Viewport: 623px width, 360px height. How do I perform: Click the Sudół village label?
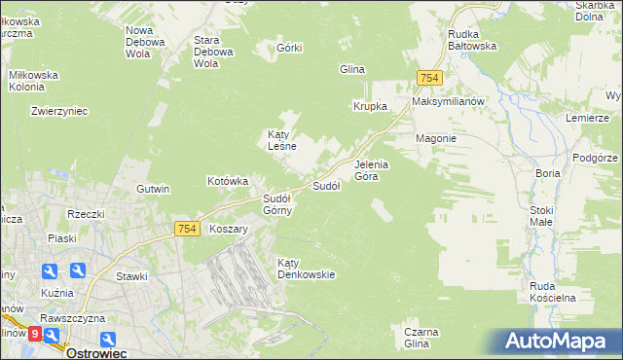(x=325, y=185)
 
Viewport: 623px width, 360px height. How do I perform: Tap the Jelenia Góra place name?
(x=371, y=170)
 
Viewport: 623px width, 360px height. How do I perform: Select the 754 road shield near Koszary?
(x=189, y=229)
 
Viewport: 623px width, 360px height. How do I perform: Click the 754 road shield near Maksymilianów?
(x=429, y=78)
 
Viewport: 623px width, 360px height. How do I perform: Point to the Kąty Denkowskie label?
(x=306, y=269)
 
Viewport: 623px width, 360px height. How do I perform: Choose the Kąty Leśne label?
(x=281, y=140)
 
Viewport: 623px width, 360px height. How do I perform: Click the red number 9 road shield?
(x=35, y=334)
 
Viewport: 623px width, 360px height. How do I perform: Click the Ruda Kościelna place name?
(x=553, y=292)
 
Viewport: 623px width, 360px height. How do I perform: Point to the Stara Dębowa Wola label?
(x=214, y=52)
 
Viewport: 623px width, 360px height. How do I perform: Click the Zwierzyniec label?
(x=59, y=111)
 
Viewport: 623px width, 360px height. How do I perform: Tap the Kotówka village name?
(x=229, y=181)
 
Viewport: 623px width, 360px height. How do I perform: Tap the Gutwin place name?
(x=154, y=189)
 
